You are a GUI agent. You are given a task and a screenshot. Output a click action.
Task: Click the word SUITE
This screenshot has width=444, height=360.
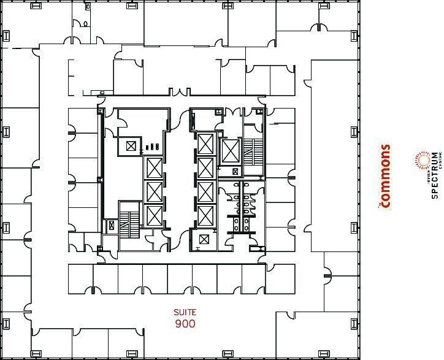[x=185, y=312]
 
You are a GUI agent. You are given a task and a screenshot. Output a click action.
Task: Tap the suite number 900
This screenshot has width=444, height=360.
[x=185, y=323]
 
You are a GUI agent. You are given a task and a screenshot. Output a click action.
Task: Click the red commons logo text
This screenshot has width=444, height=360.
[x=385, y=177]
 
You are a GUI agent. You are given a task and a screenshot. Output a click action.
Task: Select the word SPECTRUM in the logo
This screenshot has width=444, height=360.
[x=435, y=175]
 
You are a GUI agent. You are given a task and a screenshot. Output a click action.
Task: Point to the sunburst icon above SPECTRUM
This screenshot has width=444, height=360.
[x=422, y=161]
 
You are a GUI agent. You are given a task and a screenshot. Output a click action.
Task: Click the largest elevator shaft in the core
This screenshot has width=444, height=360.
[x=230, y=150]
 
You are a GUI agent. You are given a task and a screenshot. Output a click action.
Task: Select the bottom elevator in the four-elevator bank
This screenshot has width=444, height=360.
[x=205, y=216]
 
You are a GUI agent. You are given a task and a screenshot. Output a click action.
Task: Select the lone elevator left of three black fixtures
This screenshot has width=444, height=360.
[x=131, y=145]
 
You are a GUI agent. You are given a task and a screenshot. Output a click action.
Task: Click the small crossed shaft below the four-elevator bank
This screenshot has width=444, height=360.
[x=204, y=240]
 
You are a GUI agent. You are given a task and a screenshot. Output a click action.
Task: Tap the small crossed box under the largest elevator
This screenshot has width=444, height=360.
[x=235, y=172]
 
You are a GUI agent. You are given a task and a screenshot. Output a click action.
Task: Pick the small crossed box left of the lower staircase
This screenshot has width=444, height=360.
[x=111, y=225]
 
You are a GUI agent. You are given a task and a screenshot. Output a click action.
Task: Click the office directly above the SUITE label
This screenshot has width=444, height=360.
[x=180, y=279]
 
